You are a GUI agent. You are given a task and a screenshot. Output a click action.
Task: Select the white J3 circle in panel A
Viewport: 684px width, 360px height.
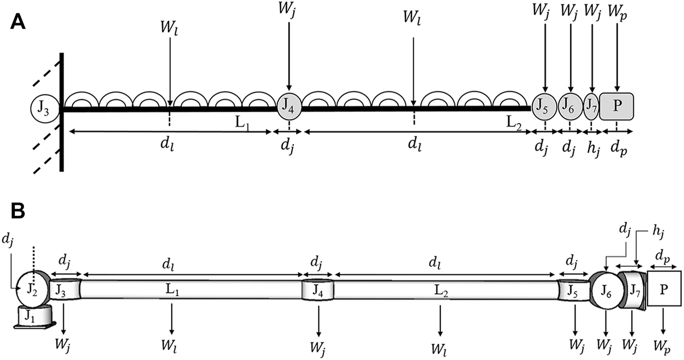click(44, 109)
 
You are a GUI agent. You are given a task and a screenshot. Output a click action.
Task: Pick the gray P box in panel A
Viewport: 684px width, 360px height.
click(616, 105)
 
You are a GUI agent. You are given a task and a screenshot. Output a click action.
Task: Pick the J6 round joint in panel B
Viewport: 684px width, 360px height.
click(606, 289)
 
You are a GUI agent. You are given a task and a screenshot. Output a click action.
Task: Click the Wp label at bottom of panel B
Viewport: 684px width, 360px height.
click(664, 348)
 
